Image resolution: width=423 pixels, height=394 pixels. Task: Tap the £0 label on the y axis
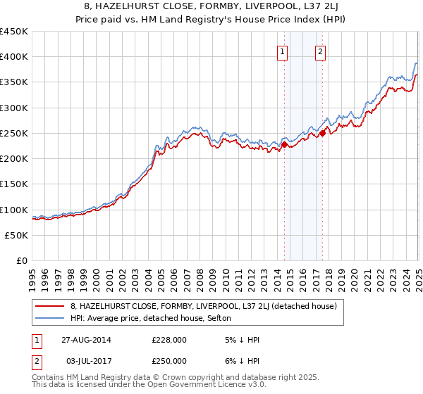click(x=20, y=261)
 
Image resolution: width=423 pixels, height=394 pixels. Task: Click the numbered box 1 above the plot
click(x=282, y=51)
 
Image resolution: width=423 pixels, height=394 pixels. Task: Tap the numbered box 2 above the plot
click(x=320, y=51)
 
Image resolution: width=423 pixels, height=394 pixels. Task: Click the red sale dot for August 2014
click(x=285, y=145)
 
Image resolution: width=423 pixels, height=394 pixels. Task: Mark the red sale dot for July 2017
click(x=322, y=133)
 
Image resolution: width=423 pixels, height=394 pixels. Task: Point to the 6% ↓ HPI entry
click(x=240, y=360)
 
